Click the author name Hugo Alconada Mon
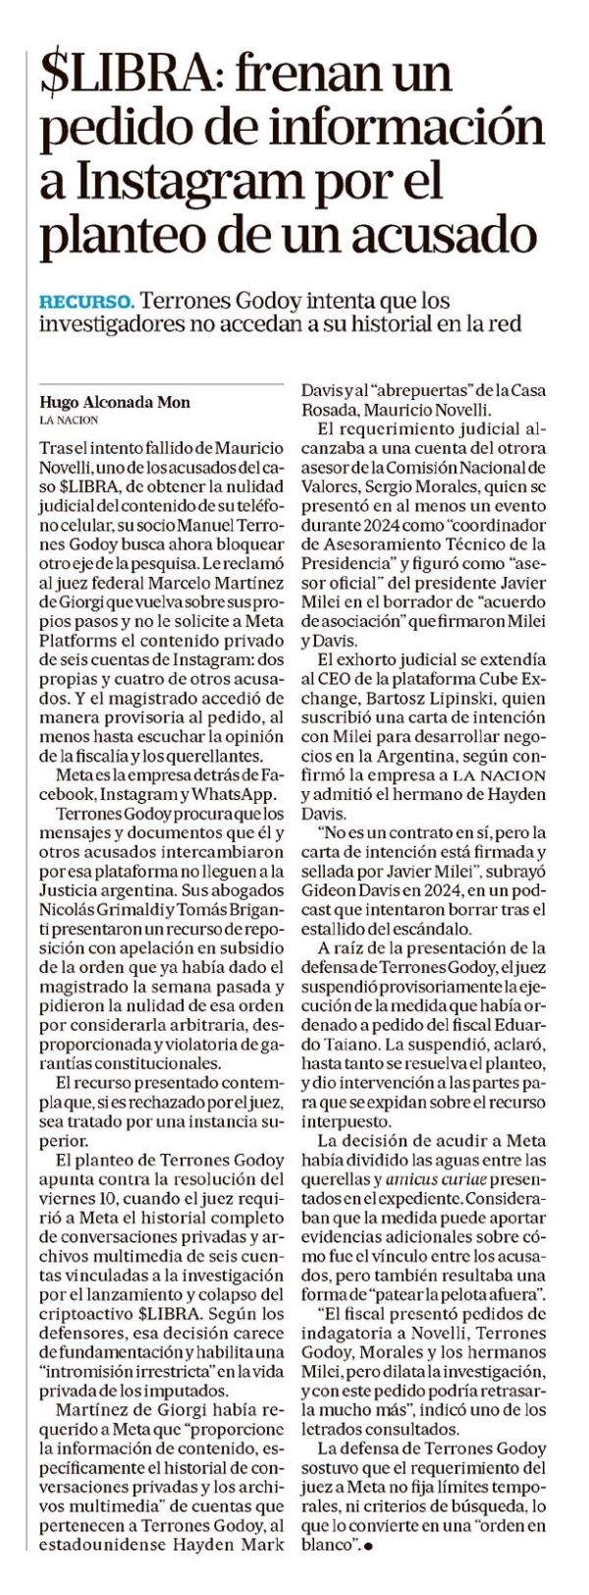(x=114, y=401)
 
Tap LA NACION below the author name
(x=70, y=420)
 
